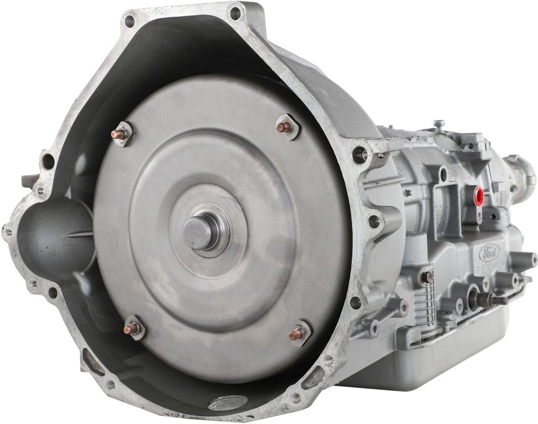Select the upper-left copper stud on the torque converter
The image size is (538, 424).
tap(123, 133)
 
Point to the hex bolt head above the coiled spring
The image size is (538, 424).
tap(427, 277)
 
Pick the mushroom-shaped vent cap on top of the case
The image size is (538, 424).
tap(437, 124)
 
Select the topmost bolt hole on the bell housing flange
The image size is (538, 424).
tap(235, 12)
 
